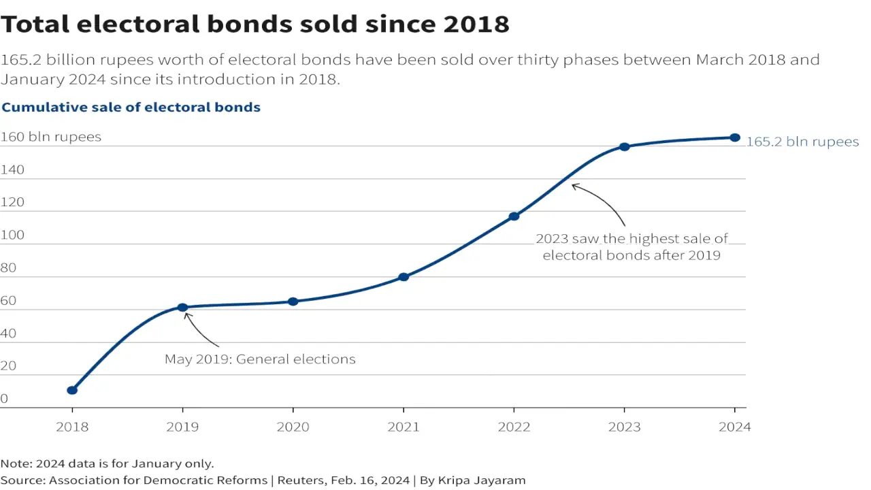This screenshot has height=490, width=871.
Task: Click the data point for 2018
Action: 72,390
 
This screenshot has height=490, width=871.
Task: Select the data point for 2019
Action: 182,308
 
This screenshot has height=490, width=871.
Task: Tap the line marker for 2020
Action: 293,301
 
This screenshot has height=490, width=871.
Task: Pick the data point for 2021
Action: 404,277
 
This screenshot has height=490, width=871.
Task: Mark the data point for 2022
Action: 514,216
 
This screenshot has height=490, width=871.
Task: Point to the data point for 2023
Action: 624,147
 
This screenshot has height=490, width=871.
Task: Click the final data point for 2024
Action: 735,137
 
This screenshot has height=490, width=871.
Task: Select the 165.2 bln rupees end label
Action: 802,142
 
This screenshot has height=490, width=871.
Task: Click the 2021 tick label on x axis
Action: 404,427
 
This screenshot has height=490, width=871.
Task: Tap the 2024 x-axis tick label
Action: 735,427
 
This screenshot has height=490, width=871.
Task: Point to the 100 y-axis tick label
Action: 12,235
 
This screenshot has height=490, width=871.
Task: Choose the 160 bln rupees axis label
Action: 50,137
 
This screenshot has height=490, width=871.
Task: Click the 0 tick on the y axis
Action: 4,399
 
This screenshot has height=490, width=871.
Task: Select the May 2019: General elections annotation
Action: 260,359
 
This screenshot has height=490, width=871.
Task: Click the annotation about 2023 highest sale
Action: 631,247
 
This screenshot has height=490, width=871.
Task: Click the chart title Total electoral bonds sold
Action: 254,24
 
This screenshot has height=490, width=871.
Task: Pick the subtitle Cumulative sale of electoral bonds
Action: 131,107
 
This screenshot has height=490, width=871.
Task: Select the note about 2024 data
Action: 108,463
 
